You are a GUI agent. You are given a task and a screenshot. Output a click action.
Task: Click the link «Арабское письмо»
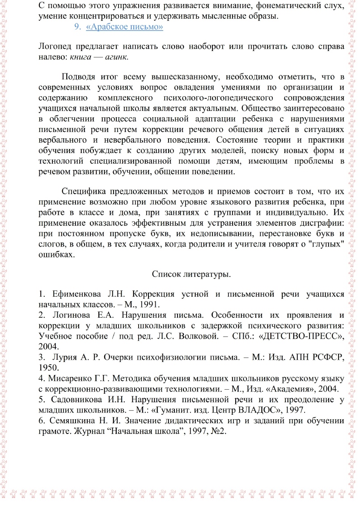[124, 27]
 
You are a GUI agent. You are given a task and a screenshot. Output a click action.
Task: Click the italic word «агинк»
[117, 57]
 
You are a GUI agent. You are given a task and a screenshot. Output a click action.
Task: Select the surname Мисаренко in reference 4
[71, 378]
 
